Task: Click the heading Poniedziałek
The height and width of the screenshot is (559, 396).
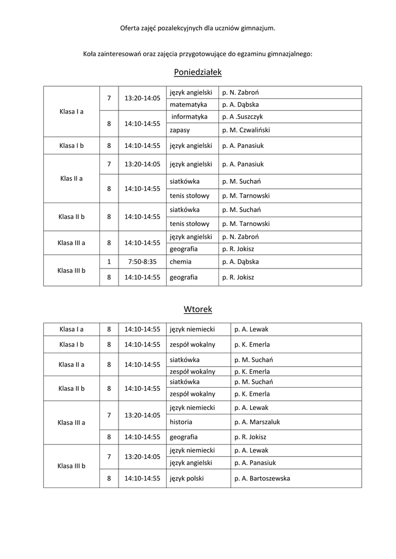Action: (198, 72)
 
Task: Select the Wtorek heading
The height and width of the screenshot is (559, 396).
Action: (198, 310)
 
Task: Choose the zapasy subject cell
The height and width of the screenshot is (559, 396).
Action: (180, 130)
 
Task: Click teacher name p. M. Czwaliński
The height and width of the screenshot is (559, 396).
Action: (246, 130)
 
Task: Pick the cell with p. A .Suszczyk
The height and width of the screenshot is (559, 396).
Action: (243, 116)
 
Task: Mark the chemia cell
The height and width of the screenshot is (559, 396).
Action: (180, 261)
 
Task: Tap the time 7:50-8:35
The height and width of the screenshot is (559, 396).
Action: (142, 261)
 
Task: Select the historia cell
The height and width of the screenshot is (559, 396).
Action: (181, 421)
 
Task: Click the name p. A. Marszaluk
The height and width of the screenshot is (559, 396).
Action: (257, 421)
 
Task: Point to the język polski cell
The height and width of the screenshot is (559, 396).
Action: (187, 478)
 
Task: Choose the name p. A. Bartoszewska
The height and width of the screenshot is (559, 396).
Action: (262, 478)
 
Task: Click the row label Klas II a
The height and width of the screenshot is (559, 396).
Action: (71, 178)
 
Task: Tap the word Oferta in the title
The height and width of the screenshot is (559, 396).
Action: (130, 28)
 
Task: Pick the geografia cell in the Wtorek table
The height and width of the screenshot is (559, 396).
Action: (184, 437)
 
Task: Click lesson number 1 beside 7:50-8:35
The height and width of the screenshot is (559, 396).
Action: (109, 261)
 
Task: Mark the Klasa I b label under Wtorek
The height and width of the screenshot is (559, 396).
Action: (71, 344)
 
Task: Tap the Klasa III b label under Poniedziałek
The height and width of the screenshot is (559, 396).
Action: (71, 270)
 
